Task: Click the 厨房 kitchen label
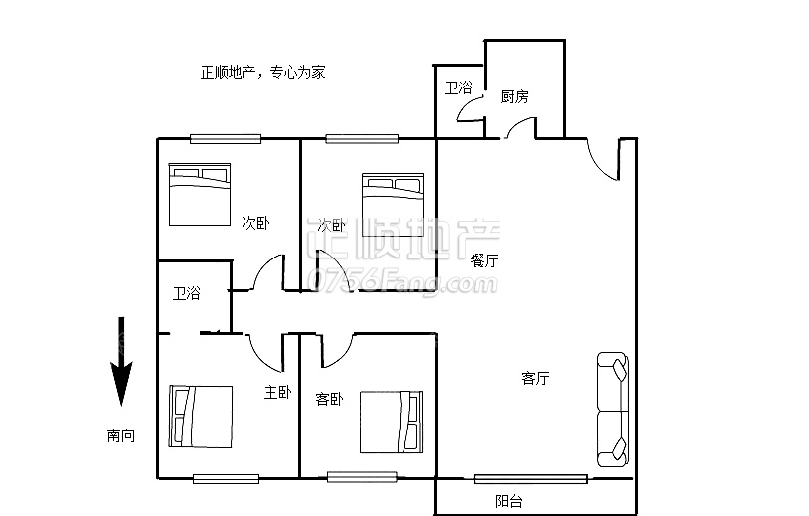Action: click(x=514, y=96)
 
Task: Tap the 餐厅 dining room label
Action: click(x=485, y=260)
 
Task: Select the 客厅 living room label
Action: click(x=535, y=378)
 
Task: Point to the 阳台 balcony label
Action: click(x=509, y=502)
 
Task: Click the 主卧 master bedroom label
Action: click(x=277, y=393)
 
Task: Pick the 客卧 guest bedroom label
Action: click(x=329, y=399)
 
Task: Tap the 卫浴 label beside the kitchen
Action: click(x=458, y=87)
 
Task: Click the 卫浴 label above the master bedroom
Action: click(x=186, y=293)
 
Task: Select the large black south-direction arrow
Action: click(x=121, y=362)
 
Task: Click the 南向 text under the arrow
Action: click(x=121, y=435)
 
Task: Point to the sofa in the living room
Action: click(x=611, y=409)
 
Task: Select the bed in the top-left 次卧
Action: click(x=199, y=193)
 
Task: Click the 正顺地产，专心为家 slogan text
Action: click(x=262, y=73)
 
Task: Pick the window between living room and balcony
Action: click(x=530, y=479)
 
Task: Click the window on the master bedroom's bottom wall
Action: click(x=227, y=478)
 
